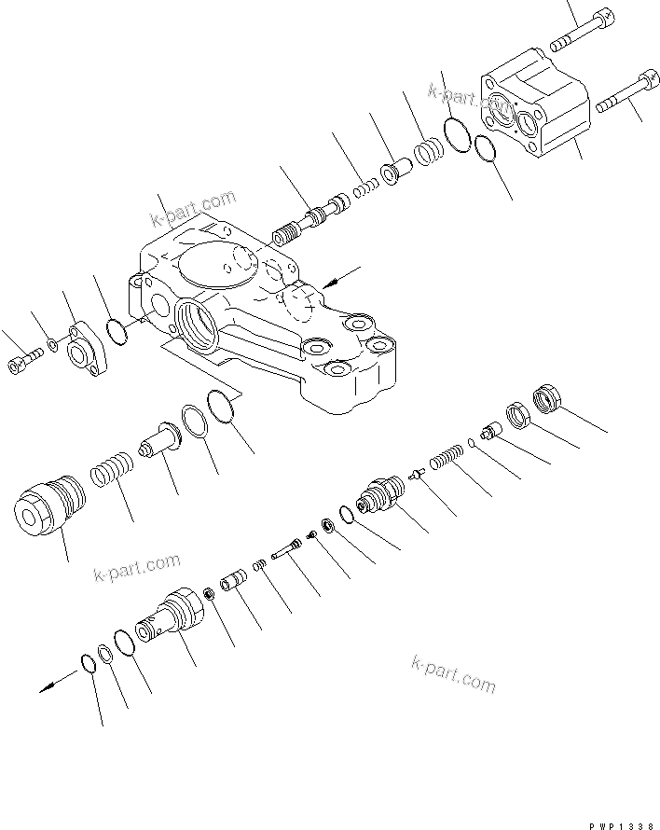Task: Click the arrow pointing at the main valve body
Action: click(x=340, y=275)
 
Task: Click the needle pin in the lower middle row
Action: click(x=282, y=551)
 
